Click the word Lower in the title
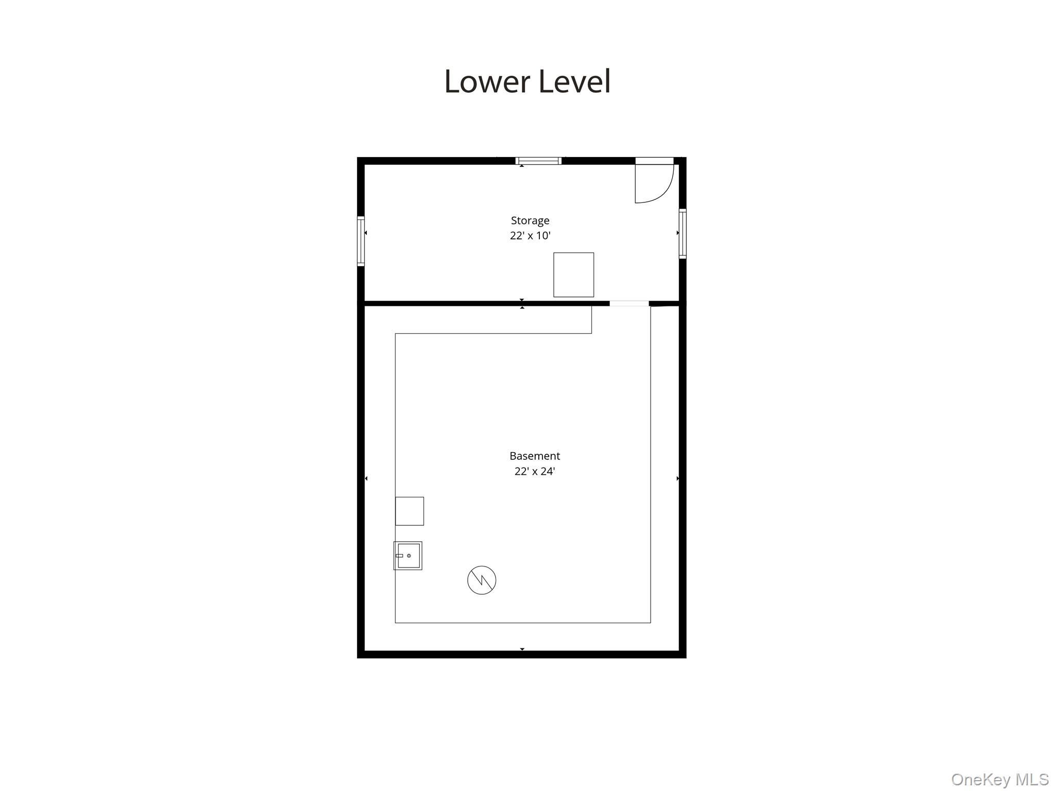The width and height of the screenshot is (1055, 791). click(x=480, y=81)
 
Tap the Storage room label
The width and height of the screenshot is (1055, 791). click(x=530, y=220)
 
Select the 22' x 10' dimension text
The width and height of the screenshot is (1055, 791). click(x=530, y=236)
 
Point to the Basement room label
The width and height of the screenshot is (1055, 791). click(x=535, y=456)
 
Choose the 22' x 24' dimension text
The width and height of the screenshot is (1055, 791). click(x=535, y=471)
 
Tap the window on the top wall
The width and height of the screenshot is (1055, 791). click(x=538, y=161)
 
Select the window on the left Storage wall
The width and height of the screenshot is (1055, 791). click(x=361, y=241)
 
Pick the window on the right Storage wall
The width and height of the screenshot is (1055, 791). click(x=683, y=233)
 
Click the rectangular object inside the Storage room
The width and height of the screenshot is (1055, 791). click(x=573, y=274)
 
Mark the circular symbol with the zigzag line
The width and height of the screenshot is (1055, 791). click(x=482, y=580)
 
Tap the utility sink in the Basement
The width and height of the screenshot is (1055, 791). click(x=408, y=556)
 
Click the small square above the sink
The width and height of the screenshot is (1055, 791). click(x=410, y=511)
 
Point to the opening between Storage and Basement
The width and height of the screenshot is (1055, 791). click(x=629, y=303)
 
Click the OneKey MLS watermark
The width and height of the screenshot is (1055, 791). click(x=999, y=779)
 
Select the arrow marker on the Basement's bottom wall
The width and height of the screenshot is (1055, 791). click(x=522, y=649)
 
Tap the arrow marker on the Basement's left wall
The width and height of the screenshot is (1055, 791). click(x=366, y=478)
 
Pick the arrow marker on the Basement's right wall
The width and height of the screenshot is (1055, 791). click(x=677, y=478)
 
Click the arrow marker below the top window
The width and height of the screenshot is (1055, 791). click(x=522, y=166)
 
